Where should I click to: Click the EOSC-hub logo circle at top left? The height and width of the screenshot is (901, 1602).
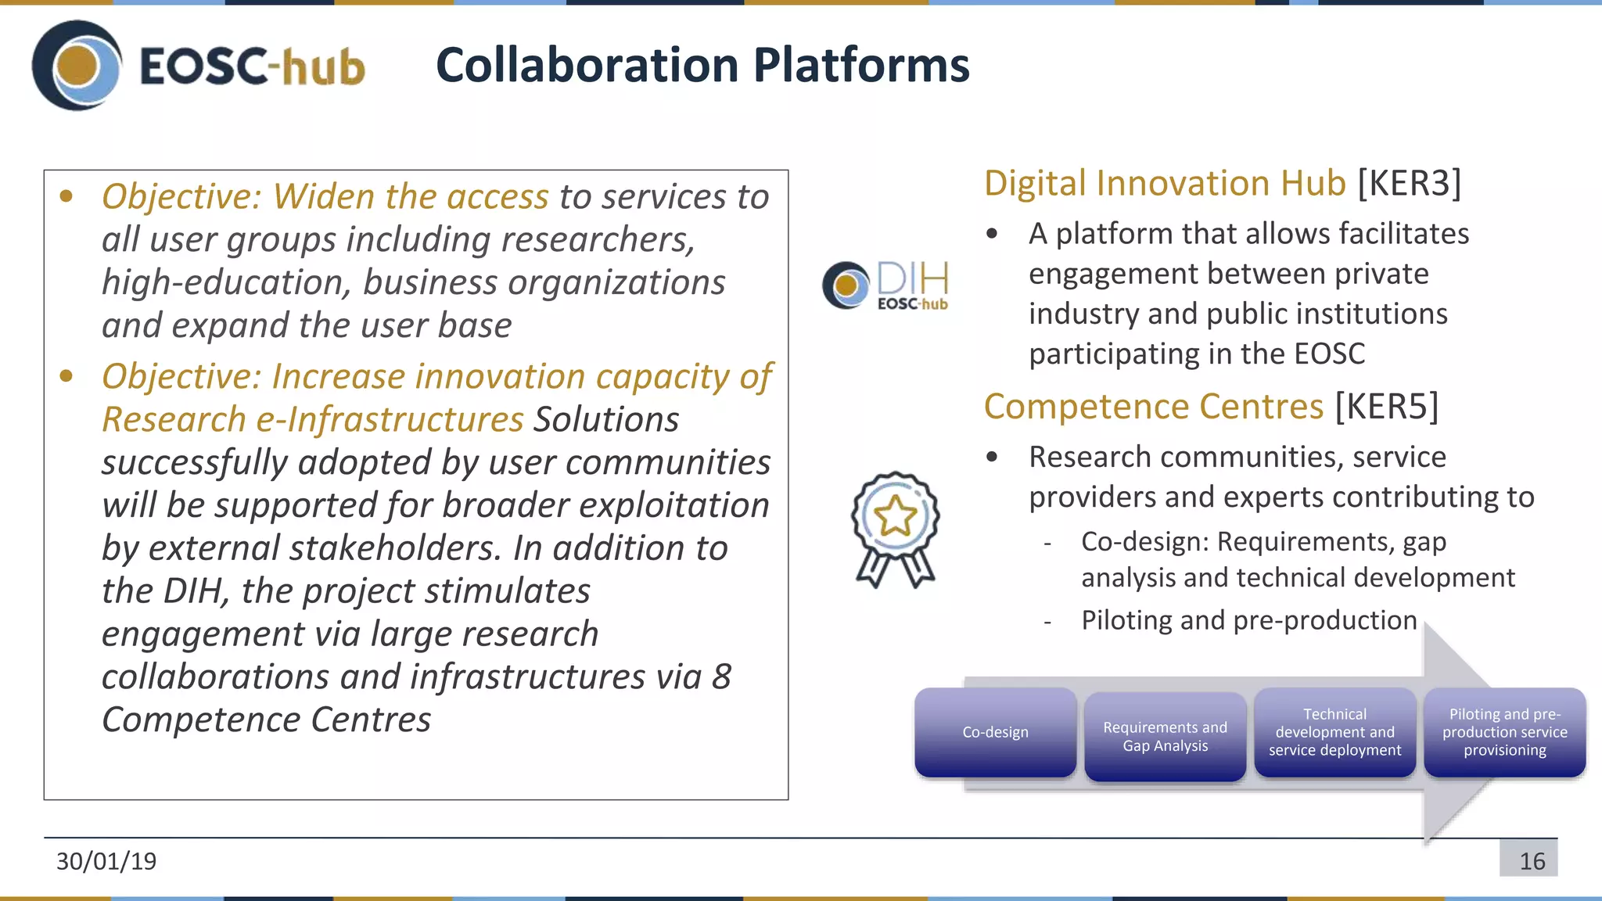pos(77,66)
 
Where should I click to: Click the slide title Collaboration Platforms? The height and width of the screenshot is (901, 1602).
pos(702,65)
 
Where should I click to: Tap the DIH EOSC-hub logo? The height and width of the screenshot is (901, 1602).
pos(885,285)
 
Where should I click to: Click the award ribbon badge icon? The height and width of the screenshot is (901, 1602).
pos(895,529)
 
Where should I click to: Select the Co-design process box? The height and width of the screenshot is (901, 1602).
pos(995,732)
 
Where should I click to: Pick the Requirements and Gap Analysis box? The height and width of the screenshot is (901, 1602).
pos(1165,736)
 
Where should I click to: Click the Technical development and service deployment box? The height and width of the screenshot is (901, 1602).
pos(1334,732)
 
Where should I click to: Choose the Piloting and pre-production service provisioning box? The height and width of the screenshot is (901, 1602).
pos(1504,732)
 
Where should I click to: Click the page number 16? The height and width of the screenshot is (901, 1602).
pos(1532,861)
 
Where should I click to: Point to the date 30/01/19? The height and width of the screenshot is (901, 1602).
pos(106,861)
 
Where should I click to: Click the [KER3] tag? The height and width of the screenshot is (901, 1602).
pos(1409,183)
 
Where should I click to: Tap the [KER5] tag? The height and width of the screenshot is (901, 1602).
pos(1386,407)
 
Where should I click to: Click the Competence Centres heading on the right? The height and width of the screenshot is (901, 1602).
pos(1153,407)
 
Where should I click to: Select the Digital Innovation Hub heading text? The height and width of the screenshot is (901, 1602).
pos(1164,183)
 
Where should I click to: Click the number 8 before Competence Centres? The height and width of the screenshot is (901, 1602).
pos(721,677)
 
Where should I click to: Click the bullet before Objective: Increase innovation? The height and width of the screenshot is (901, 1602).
pos(66,377)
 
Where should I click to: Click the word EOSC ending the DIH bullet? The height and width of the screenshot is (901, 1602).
pos(1329,354)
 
